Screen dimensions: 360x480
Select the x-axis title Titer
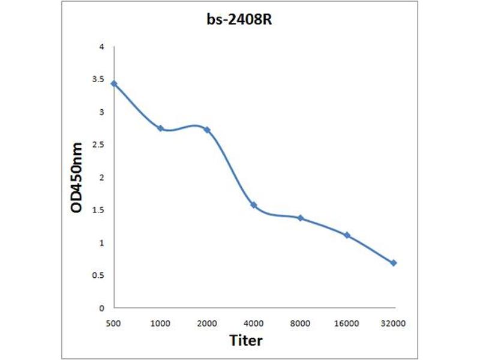click(x=246, y=340)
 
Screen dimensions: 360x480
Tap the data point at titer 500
click(x=113, y=83)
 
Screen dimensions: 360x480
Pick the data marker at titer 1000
click(x=160, y=128)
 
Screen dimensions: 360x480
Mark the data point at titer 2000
click(x=207, y=130)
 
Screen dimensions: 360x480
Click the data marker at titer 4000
click(x=254, y=205)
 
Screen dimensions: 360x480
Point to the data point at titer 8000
click(x=300, y=218)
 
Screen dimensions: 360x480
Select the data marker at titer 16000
click(x=347, y=235)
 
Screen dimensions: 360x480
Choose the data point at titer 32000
click(x=394, y=263)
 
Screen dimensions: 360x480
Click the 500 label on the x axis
click(x=113, y=323)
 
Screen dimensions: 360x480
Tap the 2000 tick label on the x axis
click(x=207, y=323)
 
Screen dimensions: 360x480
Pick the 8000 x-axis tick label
click(x=300, y=323)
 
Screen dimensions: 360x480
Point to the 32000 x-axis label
click(x=394, y=323)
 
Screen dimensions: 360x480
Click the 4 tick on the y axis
click(x=102, y=47)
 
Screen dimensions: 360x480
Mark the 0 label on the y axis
click(x=102, y=308)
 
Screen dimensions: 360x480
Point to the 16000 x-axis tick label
click(x=347, y=323)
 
